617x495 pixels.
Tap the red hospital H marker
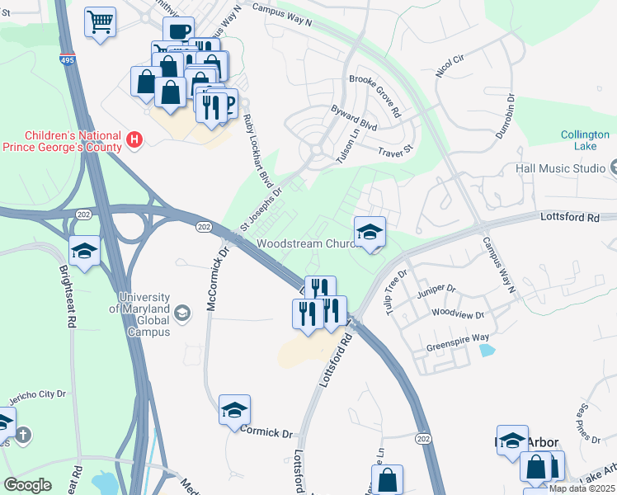(135, 140)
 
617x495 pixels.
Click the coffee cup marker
(177, 32)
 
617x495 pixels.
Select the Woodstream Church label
(305, 244)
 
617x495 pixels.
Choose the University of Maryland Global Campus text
(144, 314)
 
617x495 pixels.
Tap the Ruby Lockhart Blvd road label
(257, 151)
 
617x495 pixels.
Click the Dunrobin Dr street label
(511, 108)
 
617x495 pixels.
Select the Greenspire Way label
(458, 338)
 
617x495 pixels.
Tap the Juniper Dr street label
(437, 290)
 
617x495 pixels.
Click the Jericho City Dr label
(37, 397)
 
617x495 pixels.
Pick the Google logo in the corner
(27, 485)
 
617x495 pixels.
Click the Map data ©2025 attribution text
(582, 488)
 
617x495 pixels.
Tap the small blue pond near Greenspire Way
(486, 350)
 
